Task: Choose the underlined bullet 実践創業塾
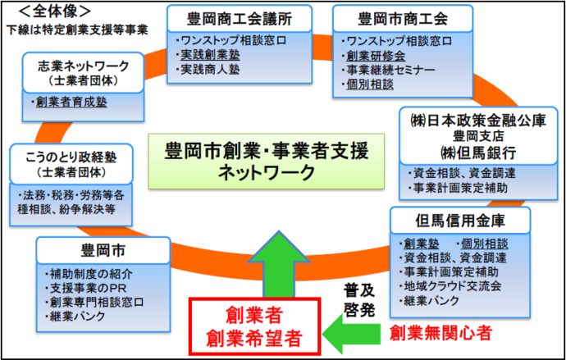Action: tap(212, 54)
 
